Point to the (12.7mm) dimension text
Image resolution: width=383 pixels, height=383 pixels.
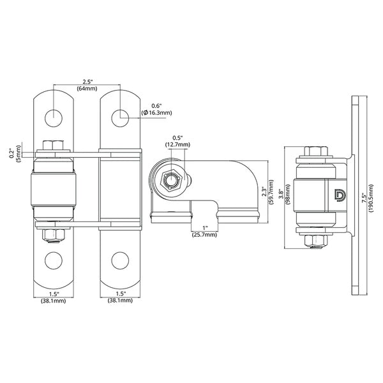(178, 145)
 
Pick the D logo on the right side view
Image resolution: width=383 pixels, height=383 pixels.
(338, 196)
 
